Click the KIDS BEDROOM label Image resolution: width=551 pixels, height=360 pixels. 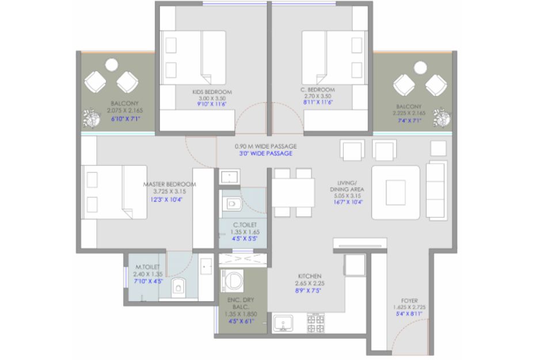pyautogui.click(x=212, y=92)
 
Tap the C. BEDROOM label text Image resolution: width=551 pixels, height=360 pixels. pyautogui.click(x=317, y=90)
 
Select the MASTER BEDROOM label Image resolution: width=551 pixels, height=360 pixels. pyautogui.click(x=169, y=184)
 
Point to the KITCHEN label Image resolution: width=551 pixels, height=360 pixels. pyautogui.click(x=310, y=276)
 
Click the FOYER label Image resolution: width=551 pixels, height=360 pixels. pyautogui.click(x=409, y=301)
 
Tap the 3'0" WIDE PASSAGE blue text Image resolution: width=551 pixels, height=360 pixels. pyautogui.click(x=265, y=154)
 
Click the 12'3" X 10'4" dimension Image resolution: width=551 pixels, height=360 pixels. pyautogui.click(x=166, y=200)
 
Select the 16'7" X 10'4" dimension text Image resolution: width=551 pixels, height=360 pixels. pyautogui.click(x=348, y=202)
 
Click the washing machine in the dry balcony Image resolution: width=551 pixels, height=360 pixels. pyautogui.click(x=232, y=281)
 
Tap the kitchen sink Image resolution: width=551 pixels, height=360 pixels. pyautogui.click(x=283, y=324)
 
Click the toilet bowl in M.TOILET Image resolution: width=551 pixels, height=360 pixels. pyautogui.click(x=178, y=286)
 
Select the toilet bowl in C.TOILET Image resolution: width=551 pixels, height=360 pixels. pyautogui.click(x=232, y=203)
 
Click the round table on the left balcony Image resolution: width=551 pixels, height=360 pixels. pyautogui.click(x=111, y=65)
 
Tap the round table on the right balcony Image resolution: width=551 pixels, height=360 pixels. pyautogui.click(x=420, y=67)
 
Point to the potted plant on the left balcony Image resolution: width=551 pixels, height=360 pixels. pyautogui.click(x=91, y=118)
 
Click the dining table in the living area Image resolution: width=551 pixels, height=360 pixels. pyautogui.click(x=293, y=192)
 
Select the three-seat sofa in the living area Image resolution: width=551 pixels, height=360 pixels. pyautogui.click(x=436, y=190)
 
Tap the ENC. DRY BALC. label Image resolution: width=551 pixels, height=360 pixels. pyautogui.click(x=241, y=304)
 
